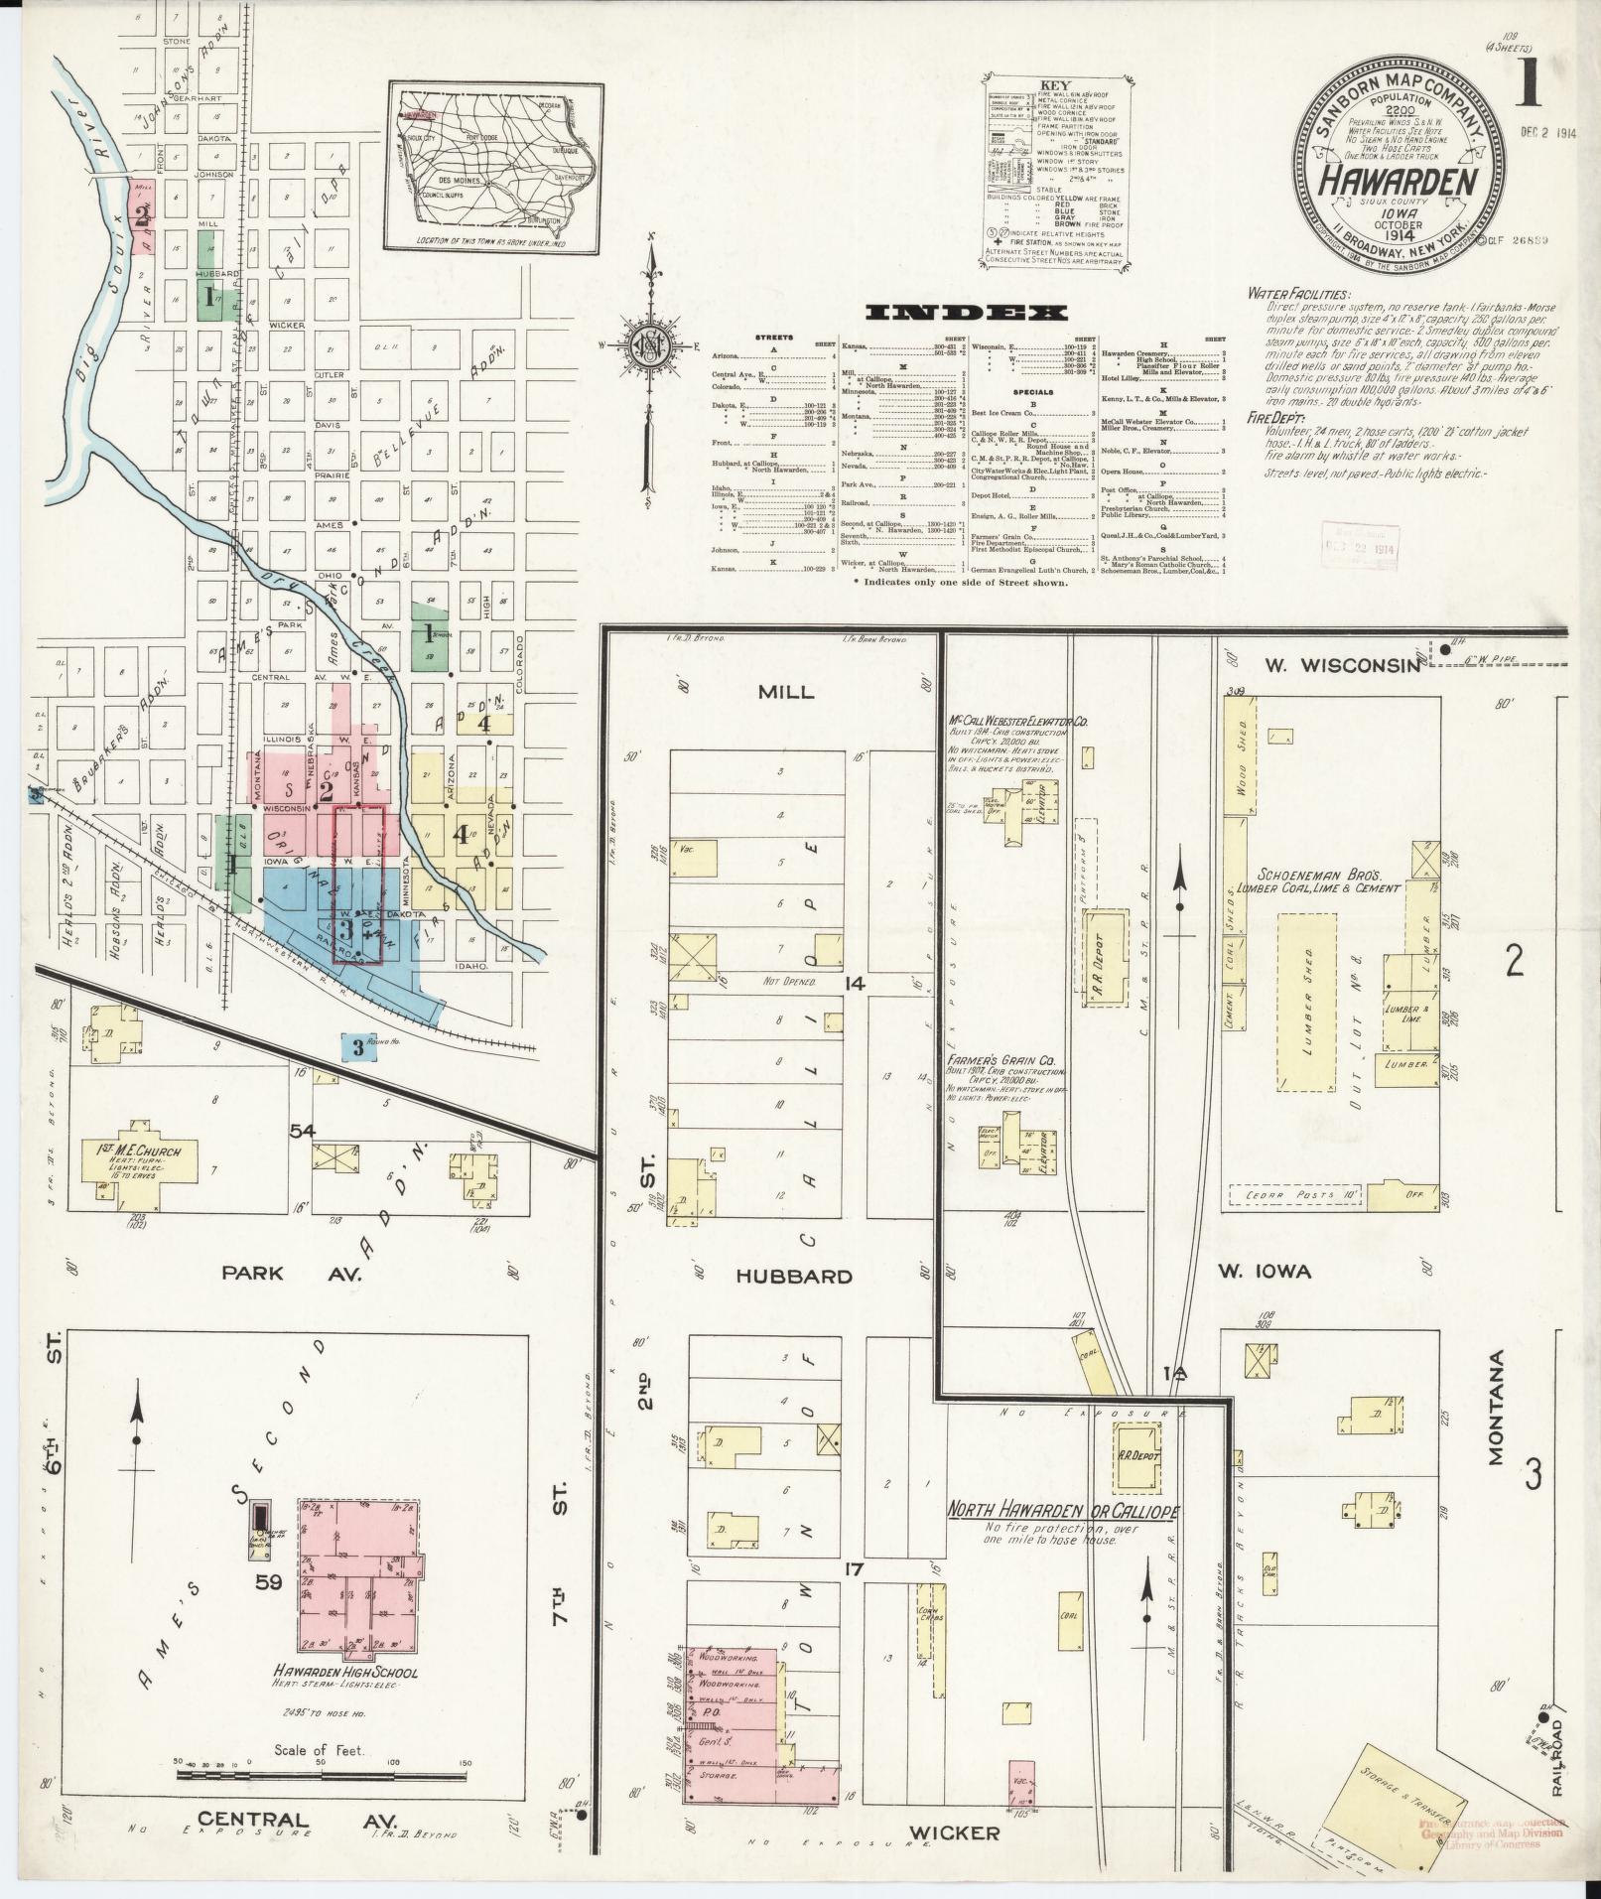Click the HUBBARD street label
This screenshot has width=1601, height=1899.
794,1277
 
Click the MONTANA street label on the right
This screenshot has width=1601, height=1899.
1496,1407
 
